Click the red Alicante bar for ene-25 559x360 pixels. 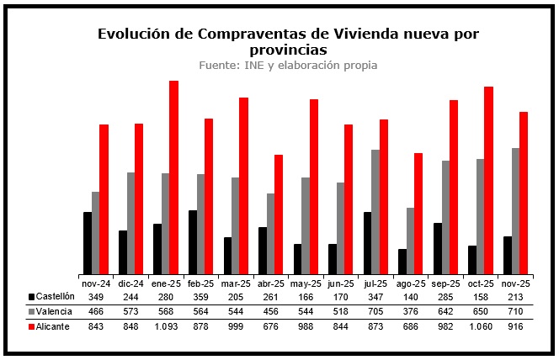coord(173,177)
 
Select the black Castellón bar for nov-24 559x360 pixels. coord(88,243)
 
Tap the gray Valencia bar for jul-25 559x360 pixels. coord(375,212)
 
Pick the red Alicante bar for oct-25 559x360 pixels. coord(488,180)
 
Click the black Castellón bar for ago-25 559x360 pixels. coord(402,262)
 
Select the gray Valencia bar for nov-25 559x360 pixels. coord(514,211)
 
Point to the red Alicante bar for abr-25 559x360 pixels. coord(279,214)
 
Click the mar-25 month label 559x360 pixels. coord(236,283)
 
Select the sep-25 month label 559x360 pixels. coord(445,283)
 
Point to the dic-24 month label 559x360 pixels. coord(131,283)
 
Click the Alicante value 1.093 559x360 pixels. coord(166,326)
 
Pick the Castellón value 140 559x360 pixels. coord(411,297)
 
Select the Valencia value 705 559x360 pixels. coord(375,311)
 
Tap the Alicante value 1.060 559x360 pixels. coord(481,326)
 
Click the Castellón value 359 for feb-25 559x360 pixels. coord(201,297)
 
